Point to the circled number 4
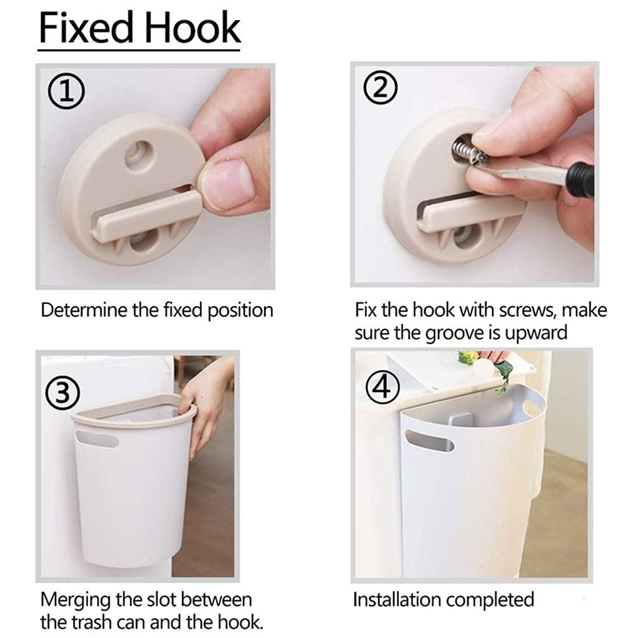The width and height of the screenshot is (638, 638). tap(381, 387)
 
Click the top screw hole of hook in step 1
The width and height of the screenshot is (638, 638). tap(138, 152)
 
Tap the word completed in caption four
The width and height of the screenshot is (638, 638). tap(490, 600)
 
